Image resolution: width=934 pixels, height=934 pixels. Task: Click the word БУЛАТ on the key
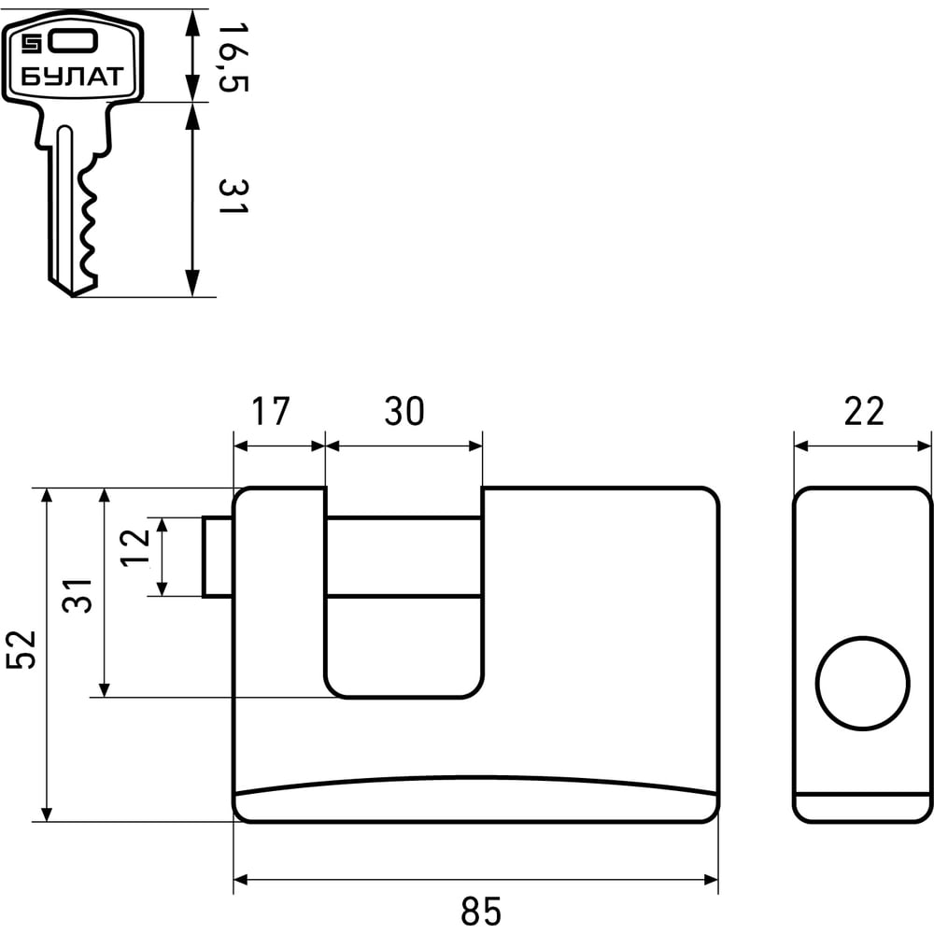[71, 76]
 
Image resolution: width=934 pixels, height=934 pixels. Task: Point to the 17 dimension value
[270, 412]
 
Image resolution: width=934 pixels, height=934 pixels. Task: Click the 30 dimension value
[403, 412]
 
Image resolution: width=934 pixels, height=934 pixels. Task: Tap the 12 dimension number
[136, 551]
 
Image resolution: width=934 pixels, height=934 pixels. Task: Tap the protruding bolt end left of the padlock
[218, 556]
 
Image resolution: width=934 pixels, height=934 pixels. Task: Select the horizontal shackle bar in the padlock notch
[403, 555]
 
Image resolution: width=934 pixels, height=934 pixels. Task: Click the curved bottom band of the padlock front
[476, 801]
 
